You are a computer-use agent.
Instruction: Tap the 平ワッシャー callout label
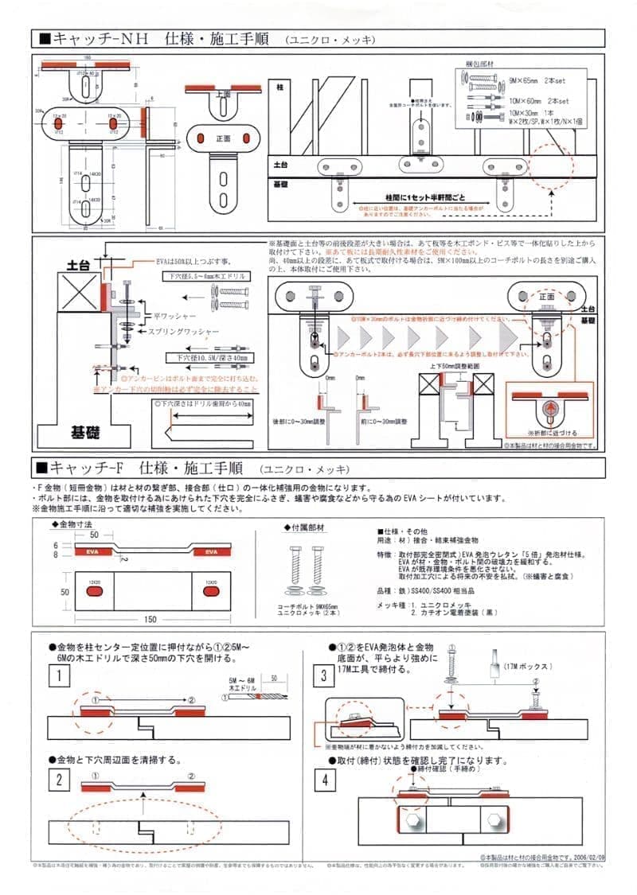coord(176,315)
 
